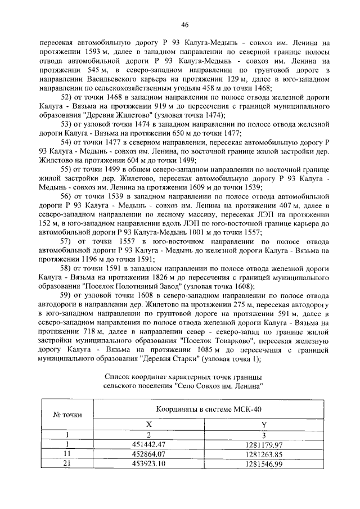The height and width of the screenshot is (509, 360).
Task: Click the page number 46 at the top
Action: (184, 24)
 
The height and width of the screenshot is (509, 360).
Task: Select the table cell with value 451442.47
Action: (149, 444)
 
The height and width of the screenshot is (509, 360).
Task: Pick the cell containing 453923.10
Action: (149, 465)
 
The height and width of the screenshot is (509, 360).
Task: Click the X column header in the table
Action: (149, 424)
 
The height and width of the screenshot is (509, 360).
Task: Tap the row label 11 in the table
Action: (67, 454)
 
